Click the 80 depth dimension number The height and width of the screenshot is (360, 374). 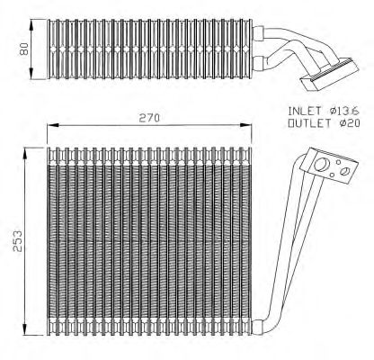click(24, 49)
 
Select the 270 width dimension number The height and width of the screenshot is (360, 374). click(149, 119)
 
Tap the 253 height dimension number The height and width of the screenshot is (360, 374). click(17, 241)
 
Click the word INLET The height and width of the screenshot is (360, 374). click(304, 111)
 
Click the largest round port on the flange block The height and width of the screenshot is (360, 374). click(322, 166)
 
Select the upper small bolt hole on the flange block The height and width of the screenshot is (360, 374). click(338, 162)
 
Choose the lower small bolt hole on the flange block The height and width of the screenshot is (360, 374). click(332, 175)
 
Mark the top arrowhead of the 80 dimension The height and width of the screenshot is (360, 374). click(31, 23)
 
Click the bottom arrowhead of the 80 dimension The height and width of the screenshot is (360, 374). click(31, 75)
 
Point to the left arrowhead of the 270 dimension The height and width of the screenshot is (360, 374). click(52, 125)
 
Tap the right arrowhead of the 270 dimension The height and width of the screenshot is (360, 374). click(246, 125)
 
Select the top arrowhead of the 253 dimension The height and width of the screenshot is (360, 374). click(25, 152)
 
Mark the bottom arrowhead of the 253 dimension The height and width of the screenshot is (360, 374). click(25, 330)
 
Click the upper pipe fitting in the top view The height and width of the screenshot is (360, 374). click(258, 32)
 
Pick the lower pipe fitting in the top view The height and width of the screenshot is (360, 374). click(258, 63)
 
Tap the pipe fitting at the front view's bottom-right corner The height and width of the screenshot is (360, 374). click(258, 327)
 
